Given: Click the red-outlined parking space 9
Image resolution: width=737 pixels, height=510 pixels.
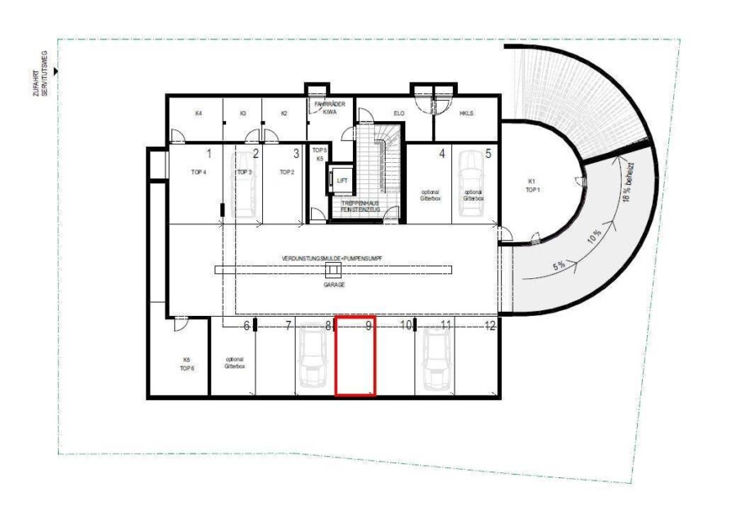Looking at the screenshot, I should [355, 356].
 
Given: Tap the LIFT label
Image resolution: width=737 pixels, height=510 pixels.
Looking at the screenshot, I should [342, 179].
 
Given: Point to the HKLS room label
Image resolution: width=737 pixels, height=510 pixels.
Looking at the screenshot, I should [468, 115].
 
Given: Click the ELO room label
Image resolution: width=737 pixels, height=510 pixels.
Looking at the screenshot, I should [400, 115].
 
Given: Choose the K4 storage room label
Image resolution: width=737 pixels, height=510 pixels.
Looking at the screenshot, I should [198, 115].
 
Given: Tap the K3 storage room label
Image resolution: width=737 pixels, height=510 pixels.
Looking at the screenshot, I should [243, 115].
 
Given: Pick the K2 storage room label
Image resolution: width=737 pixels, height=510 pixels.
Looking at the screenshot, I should [284, 115].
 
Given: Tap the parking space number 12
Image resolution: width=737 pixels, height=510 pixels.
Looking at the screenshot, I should [491, 326].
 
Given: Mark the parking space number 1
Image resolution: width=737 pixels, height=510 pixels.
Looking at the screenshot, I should [209, 153].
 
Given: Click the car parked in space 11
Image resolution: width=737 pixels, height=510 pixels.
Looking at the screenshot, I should [435, 361].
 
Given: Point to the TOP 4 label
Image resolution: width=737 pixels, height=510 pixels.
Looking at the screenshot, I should [198, 173].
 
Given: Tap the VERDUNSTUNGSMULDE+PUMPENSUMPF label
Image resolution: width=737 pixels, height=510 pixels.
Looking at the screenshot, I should [332, 257].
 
